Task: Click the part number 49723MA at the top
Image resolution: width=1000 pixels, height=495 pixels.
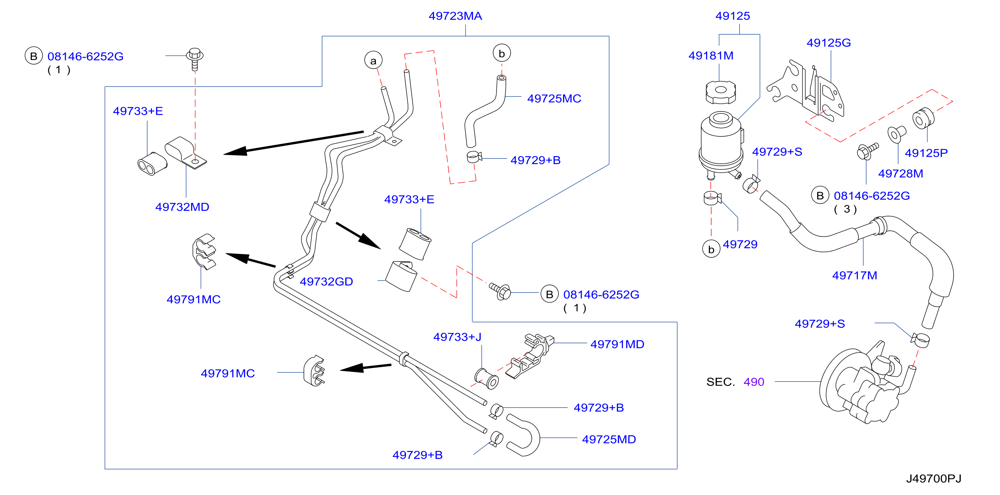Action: pos(455,16)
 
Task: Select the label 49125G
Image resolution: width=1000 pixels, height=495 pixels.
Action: pos(828,43)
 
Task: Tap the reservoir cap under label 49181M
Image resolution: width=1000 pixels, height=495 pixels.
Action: pos(721,92)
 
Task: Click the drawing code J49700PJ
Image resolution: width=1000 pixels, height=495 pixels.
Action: pos(933,478)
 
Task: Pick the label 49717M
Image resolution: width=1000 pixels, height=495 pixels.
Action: pos(854,276)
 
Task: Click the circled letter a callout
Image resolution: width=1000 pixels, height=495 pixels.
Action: pos(373,60)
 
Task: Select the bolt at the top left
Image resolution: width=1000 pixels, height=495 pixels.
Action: pos(195,59)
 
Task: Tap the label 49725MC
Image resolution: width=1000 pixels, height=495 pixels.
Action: pos(554,98)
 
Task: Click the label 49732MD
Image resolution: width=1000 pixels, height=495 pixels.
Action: pos(182,207)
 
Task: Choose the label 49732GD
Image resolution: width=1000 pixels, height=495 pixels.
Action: pos(326,282)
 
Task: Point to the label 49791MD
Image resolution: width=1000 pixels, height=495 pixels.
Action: pos(617,344)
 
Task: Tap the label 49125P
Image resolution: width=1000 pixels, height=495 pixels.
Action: pos(926,153)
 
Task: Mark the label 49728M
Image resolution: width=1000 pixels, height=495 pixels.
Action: pos(901,173)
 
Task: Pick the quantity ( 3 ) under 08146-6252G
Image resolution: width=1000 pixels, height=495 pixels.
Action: pos(845,209)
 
